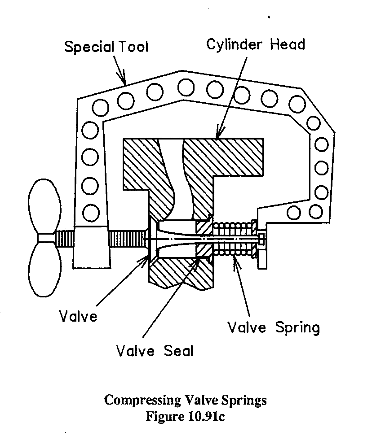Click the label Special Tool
click(x=106, y=47)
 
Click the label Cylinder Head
click(x=256, y=44)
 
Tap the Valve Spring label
click(x=273, y=327)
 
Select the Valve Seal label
click(x=154, y=350)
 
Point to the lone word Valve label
click(x=78, y=316)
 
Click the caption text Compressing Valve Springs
click(x=185, y=400)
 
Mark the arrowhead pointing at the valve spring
click(x=234, y=261)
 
